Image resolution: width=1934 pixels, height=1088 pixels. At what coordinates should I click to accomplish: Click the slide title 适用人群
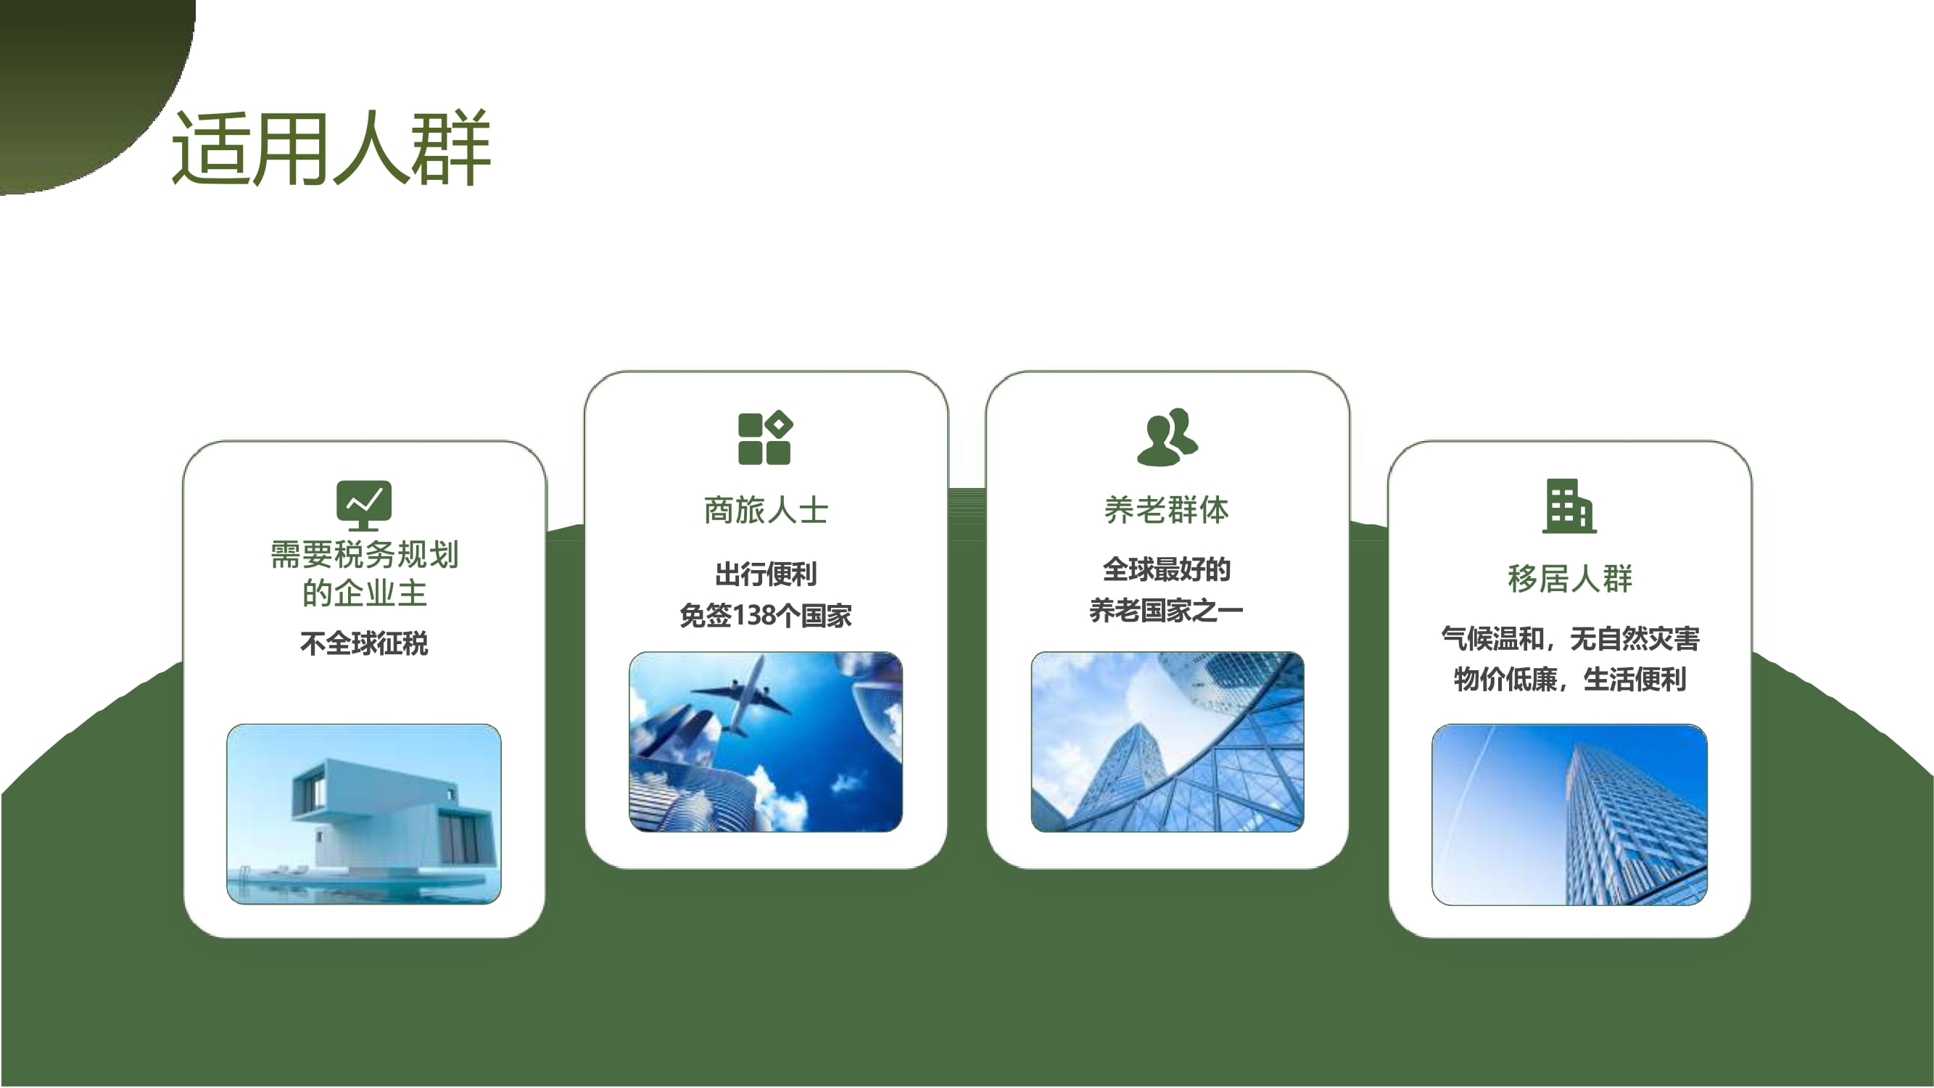point(331,147)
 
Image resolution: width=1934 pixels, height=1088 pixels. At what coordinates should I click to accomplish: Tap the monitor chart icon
point(364,506)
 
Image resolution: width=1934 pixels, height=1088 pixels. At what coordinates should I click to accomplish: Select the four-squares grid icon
point(765,438)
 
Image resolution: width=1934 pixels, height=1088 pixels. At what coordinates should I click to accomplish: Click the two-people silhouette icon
point(1168,437)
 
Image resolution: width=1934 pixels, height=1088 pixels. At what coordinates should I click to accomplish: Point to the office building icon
point(1569,506)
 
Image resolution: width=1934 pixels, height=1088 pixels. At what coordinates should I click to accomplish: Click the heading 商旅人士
point(766,511)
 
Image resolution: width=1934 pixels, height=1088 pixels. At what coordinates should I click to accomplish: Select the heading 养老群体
point(1167,511)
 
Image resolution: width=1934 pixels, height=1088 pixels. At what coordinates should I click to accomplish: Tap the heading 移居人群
point(1570,579)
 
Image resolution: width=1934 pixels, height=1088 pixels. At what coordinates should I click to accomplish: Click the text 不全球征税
point(364,643)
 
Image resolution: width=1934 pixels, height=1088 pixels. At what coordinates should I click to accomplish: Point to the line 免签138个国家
point(766,616)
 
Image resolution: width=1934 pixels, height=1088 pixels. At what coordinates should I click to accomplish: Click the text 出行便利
point(766,574)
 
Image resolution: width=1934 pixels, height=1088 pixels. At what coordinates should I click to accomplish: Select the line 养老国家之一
point(1167,611)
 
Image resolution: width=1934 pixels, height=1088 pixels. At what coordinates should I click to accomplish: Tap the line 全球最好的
point(1167,569)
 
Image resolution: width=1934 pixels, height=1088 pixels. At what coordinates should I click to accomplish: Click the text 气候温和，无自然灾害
point(1570,639)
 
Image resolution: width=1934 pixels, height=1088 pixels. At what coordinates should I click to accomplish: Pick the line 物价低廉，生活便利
point(1570,680)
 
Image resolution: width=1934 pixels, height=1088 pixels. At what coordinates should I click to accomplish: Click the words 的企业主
point(364,593)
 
